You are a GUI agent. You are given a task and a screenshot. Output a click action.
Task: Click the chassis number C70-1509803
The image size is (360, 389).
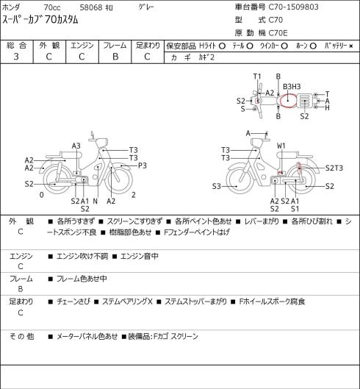click(294, 7)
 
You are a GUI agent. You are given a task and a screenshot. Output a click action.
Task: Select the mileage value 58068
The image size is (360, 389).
click(91, 7)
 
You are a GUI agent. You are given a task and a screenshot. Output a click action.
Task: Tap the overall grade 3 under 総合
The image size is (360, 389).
click(16, 57)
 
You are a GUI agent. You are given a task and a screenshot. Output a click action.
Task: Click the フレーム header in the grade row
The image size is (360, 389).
click(115, 46)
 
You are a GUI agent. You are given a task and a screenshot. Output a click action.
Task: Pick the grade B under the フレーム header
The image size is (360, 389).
click(115, 57)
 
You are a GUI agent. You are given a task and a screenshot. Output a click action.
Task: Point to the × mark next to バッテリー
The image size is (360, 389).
click(351, 46)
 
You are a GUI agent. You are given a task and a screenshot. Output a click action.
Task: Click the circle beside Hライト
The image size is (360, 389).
click(222, 46)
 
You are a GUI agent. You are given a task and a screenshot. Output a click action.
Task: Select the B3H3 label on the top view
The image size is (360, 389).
click(292, 87)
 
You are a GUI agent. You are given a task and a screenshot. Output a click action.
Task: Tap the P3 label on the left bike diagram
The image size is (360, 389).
click(143, 165)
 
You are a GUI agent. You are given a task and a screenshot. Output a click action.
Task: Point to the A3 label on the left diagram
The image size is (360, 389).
click(76, 146)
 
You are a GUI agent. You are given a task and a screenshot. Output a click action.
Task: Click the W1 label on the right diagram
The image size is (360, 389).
click(281, 146)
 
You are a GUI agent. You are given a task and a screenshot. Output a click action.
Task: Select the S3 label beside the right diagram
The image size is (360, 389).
click(217, 186)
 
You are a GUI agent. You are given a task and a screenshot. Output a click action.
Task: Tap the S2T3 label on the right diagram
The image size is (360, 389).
click(334, 168)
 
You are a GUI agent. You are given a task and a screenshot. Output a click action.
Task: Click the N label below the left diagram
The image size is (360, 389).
click(96, 201)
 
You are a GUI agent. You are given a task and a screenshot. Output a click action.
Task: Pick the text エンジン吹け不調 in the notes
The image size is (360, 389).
click(82, 256)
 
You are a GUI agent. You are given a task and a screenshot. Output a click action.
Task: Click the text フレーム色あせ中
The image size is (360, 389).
click(82, 279)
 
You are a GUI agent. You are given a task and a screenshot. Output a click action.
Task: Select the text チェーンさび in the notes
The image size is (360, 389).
click(73, 301)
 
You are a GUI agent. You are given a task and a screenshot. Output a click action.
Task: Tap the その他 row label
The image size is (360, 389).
click(21, 336)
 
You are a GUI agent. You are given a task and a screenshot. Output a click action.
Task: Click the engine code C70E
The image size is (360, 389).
click(278, 33)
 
